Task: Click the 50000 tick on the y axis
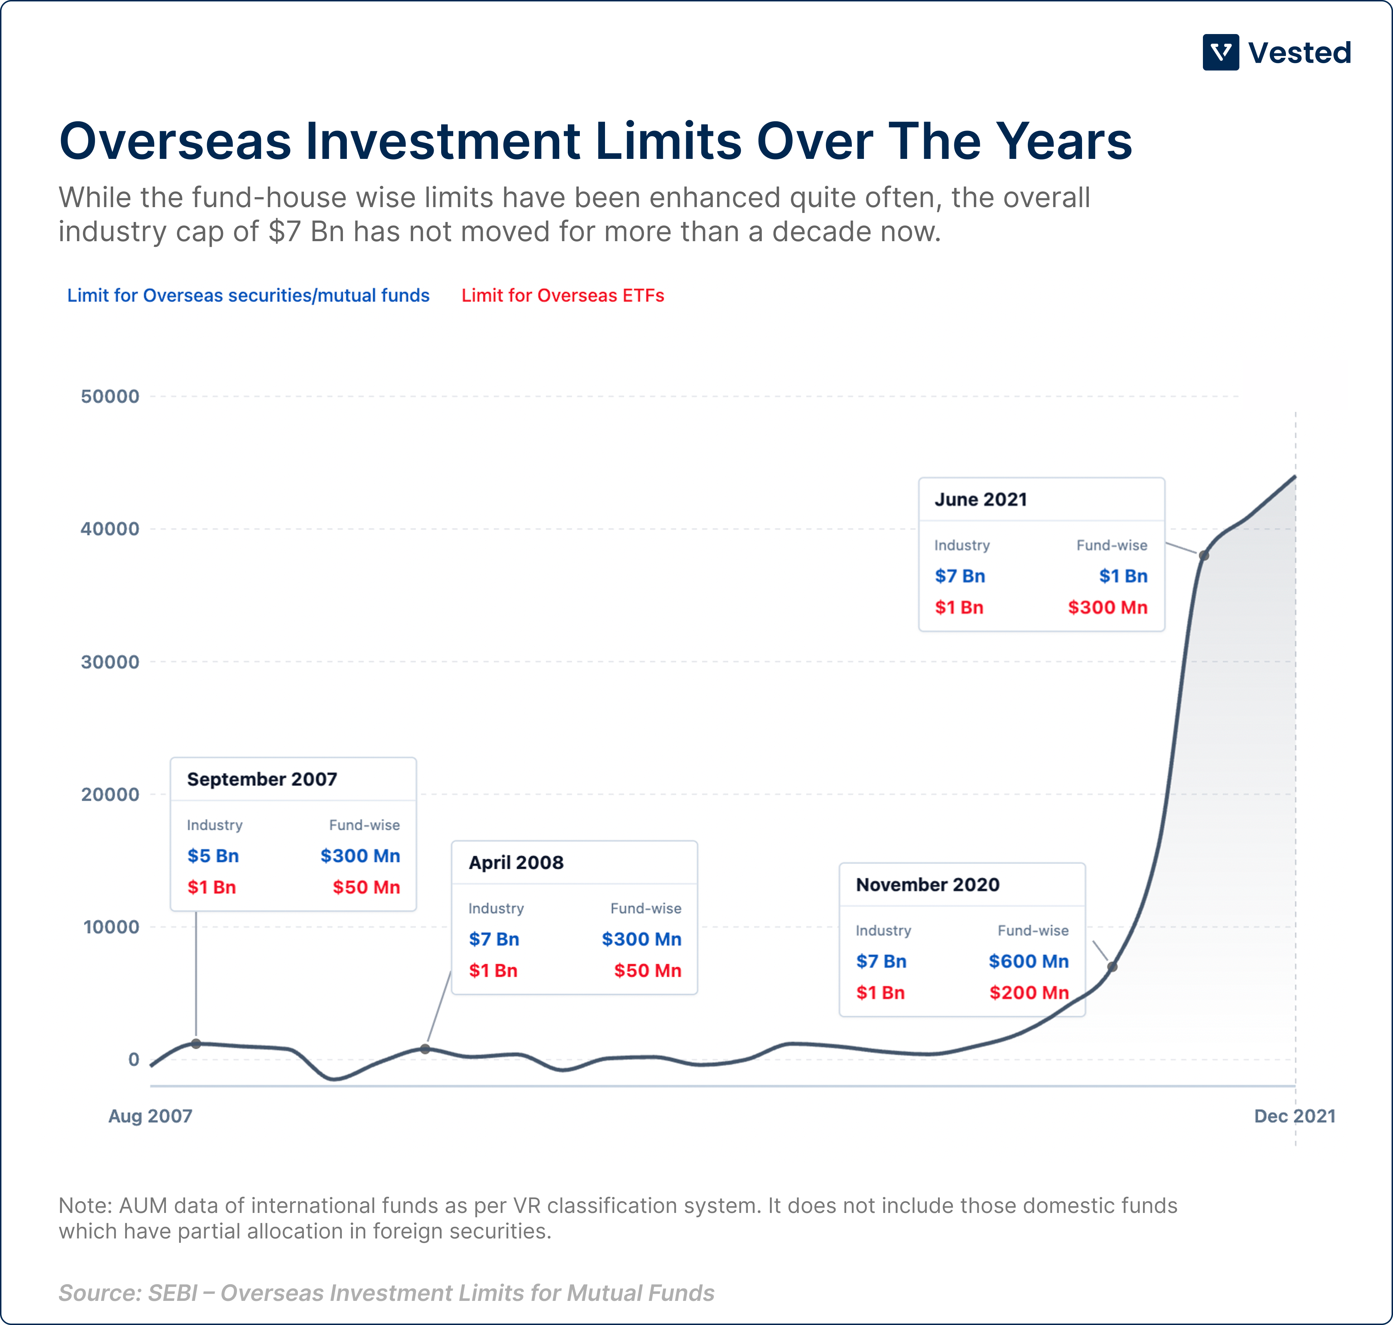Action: pos(110,396)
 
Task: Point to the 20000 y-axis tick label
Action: pos(110,794)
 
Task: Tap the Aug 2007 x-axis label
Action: pos(150,1116)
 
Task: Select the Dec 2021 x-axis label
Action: pos(1294,1116)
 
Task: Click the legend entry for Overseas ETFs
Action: pos(562,295)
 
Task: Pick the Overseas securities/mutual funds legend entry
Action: pos(248,295)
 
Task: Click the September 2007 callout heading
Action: pos(262,779)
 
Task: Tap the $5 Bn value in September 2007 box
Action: pos(213,856)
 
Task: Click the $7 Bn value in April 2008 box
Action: pos(494,939)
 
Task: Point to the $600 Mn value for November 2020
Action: pos(1028,961)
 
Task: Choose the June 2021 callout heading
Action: pos(981,499)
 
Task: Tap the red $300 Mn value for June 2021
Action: pos(1107,608)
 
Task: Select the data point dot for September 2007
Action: pos(196,1043)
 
